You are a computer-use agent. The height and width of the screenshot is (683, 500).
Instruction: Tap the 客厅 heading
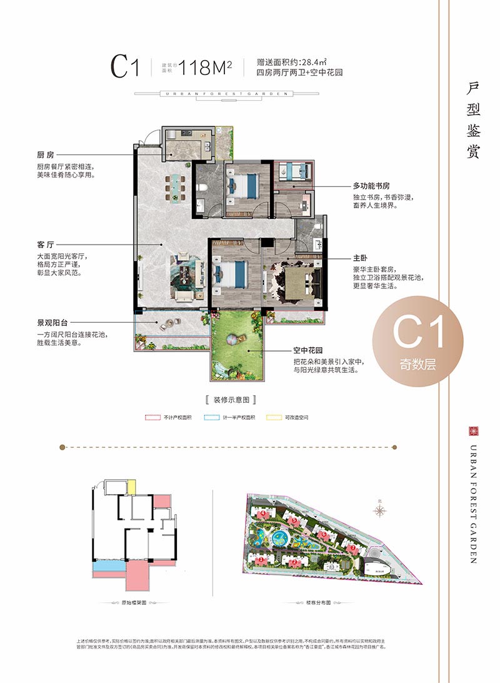pos(46,245)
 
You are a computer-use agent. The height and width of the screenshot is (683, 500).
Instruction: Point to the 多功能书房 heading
pos(371,186)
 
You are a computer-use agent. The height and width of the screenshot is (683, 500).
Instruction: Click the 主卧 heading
pos(359,258)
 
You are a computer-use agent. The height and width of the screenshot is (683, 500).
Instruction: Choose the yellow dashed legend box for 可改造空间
pos(273,417)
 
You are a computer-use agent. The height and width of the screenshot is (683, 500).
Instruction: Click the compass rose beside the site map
pos(380,511)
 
